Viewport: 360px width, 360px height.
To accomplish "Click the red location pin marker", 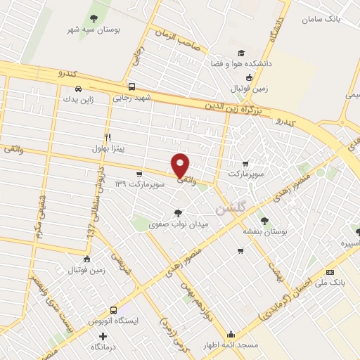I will [181, 165].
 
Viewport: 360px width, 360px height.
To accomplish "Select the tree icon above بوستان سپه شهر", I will [94, 18].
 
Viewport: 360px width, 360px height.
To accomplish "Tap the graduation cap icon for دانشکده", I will [241, 52].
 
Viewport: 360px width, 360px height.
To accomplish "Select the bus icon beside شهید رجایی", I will [133, 87].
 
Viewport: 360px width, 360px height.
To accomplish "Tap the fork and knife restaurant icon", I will [108, 136].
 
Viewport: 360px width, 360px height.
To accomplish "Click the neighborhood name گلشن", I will [231, 209].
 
